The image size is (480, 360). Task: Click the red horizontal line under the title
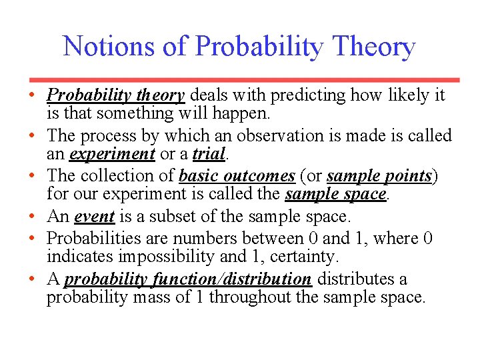[x=240, y=79]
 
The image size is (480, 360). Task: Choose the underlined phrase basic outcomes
[x=237, y=176]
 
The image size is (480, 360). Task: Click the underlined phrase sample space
[x=335, y=195]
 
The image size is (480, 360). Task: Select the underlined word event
[x=94, y=217]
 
